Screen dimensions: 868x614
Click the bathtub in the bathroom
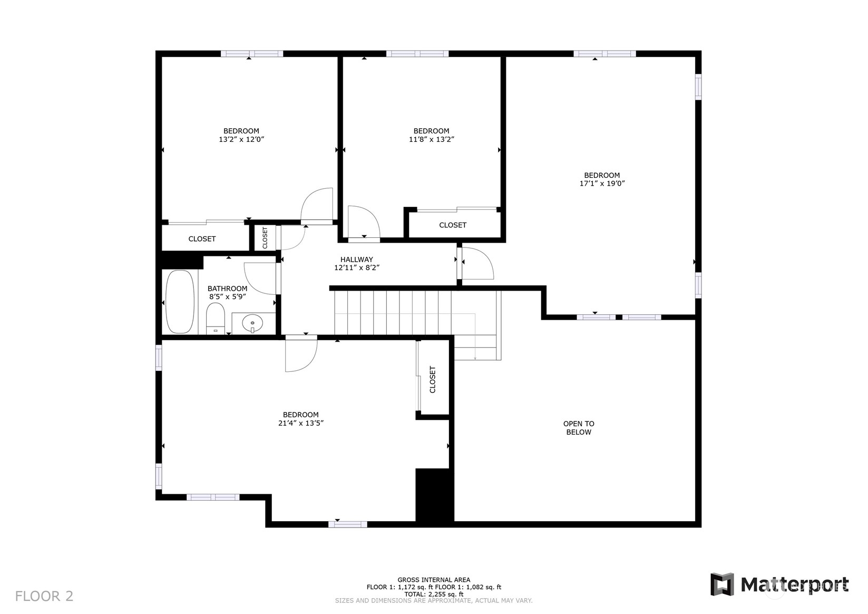point(180,301)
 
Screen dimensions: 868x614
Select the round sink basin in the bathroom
point(252,323)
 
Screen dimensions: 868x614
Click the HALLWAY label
point(356,260)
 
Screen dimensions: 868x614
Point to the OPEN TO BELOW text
point(579,428)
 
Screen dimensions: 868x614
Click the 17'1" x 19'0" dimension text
point(602,184)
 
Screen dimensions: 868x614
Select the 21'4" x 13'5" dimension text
point(301,423)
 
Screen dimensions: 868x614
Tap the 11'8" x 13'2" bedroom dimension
point(431,139)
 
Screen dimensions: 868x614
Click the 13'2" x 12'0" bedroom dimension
point(241,139)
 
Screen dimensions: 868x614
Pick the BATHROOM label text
point(227,289)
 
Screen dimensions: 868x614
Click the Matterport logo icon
point(722,584)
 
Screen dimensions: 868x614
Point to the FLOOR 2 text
point(44,596)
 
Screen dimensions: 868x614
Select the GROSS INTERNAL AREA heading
point(434,580)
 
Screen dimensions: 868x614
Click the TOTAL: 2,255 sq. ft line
point(434,594)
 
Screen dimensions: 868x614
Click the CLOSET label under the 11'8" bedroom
point(453,225)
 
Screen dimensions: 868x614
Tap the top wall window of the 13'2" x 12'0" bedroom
point(252,53)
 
